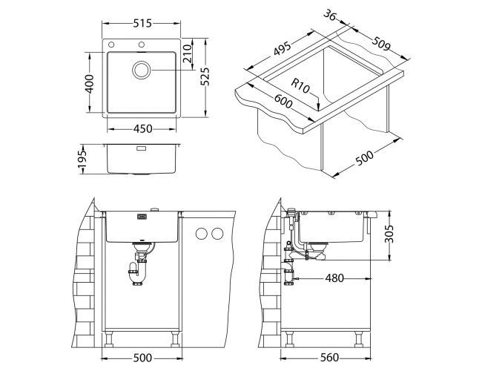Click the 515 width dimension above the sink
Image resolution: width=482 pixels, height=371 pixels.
[143, 24]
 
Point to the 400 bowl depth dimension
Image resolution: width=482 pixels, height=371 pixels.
[89, 83]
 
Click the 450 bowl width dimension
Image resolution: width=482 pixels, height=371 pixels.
[142, 128]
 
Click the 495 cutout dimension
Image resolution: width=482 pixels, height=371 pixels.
[281, 50]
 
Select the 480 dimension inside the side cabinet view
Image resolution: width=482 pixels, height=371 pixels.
[334, 279]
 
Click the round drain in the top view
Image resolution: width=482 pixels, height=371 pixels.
[141, 70]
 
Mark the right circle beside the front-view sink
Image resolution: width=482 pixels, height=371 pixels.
[217, 234]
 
